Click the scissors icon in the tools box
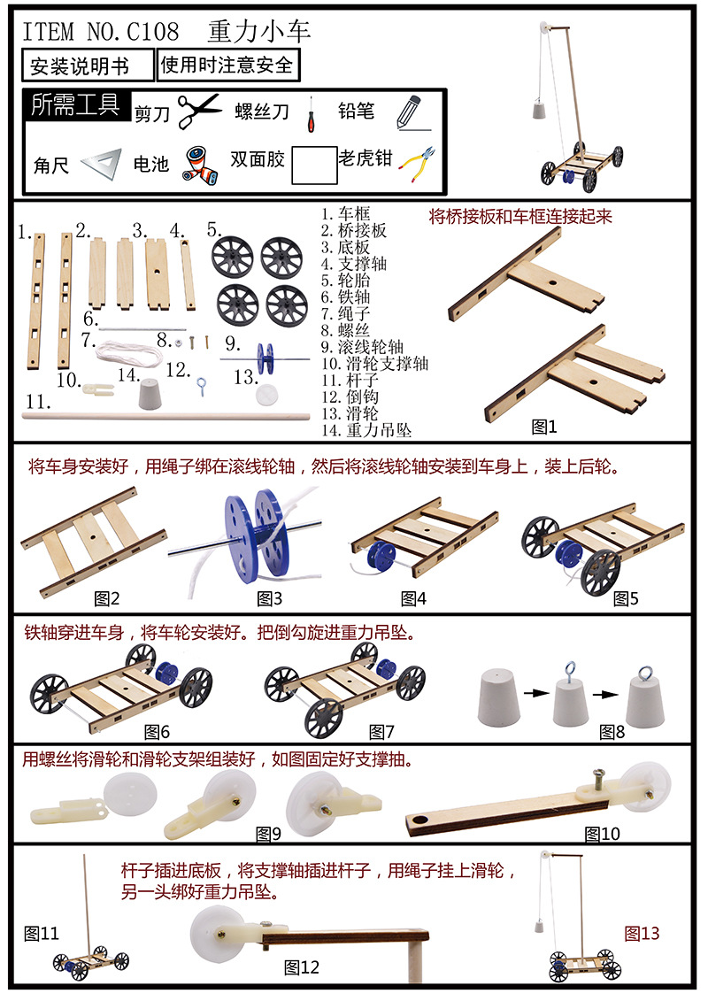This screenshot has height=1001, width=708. point(198,111)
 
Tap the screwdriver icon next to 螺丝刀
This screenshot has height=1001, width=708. point(311,114)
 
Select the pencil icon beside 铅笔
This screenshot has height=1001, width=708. point(412,112)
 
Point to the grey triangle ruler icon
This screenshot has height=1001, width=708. point(103,165)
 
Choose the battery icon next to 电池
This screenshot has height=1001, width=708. point(201,166)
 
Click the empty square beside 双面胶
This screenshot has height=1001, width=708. point(315,166)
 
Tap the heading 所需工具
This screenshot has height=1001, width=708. point(76,104)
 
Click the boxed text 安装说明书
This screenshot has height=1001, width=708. point(81,65)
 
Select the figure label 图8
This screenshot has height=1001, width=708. point(612,732)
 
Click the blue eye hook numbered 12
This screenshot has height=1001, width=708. point(202,387)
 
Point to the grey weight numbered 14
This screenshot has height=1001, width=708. point(150,394)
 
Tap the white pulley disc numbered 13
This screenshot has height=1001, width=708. point(267,394)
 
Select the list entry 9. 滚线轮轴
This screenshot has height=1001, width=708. point(362,347)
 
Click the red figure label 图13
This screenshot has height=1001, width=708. point(642,934)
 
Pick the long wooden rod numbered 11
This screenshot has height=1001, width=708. point(166,416)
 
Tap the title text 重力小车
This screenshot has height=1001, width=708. point(258,31)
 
